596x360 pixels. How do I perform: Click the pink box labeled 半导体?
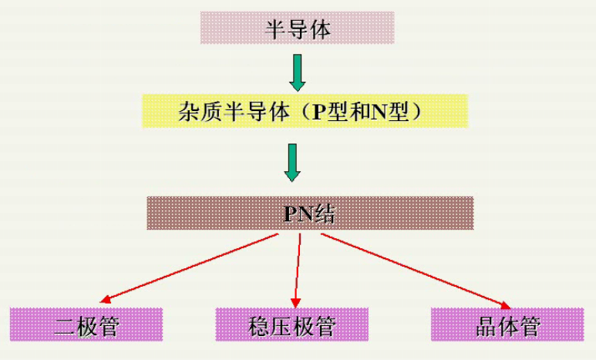coord(297,28)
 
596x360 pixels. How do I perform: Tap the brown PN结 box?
coord(310,213)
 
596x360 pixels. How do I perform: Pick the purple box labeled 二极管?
coord(86,325)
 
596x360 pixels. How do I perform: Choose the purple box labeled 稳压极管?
coord(292,325)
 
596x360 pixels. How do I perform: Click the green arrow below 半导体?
coord(297,72)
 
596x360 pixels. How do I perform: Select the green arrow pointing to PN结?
coord(291,161)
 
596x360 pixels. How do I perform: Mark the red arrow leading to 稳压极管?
coord(298,270)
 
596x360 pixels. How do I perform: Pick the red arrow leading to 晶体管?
coord(416,269)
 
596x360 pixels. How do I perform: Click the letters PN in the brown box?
coord(296,214)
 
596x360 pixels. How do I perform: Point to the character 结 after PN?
coord(323,214)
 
